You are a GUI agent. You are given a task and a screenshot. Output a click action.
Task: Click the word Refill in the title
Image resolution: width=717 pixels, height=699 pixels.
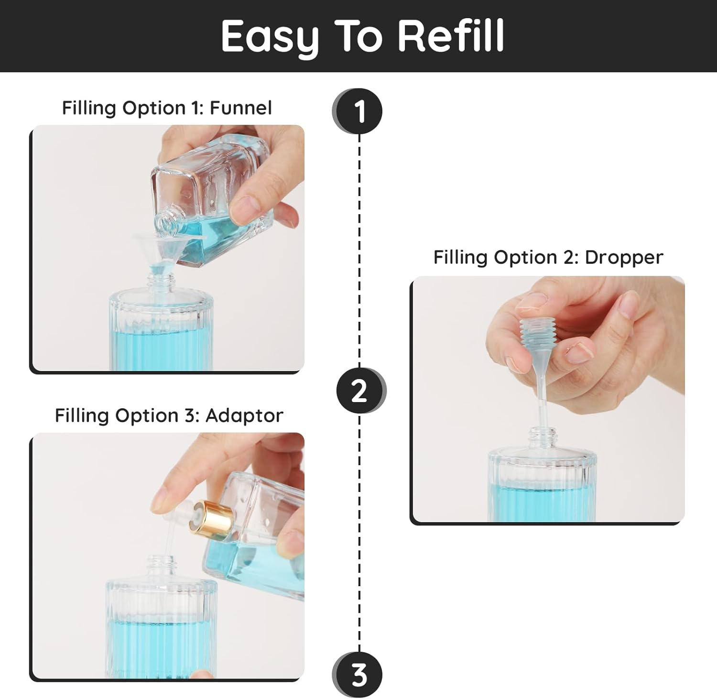(x=451, y=36)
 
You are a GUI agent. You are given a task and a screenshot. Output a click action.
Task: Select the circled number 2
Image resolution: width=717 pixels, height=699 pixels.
(x=359, y=391)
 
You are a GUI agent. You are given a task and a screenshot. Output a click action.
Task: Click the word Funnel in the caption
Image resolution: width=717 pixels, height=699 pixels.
(x=240, y=108)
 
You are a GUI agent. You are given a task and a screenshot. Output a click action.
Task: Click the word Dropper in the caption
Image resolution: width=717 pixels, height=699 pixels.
(x=623, y=257)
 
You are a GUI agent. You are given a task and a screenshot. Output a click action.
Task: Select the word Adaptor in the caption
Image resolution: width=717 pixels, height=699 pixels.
(x=244, y=415)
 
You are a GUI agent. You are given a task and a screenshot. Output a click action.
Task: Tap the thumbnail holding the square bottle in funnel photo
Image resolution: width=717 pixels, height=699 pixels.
(x=244, y=207)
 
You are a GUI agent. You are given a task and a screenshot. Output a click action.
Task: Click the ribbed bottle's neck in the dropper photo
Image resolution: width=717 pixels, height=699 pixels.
(x=543, y=438)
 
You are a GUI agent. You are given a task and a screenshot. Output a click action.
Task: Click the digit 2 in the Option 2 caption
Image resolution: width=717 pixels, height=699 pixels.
(x=570, y=257)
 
